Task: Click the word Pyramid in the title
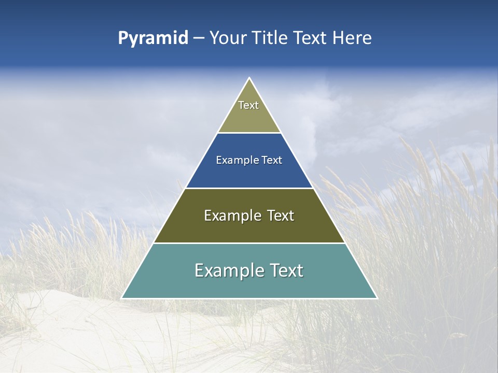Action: (153, 38)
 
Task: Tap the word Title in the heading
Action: (270, 38)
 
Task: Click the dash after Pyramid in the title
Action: (199, 38)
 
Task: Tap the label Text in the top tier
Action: (248, 105)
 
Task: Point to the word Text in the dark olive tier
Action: (280, 216)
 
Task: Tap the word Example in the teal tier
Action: (229, 270)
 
